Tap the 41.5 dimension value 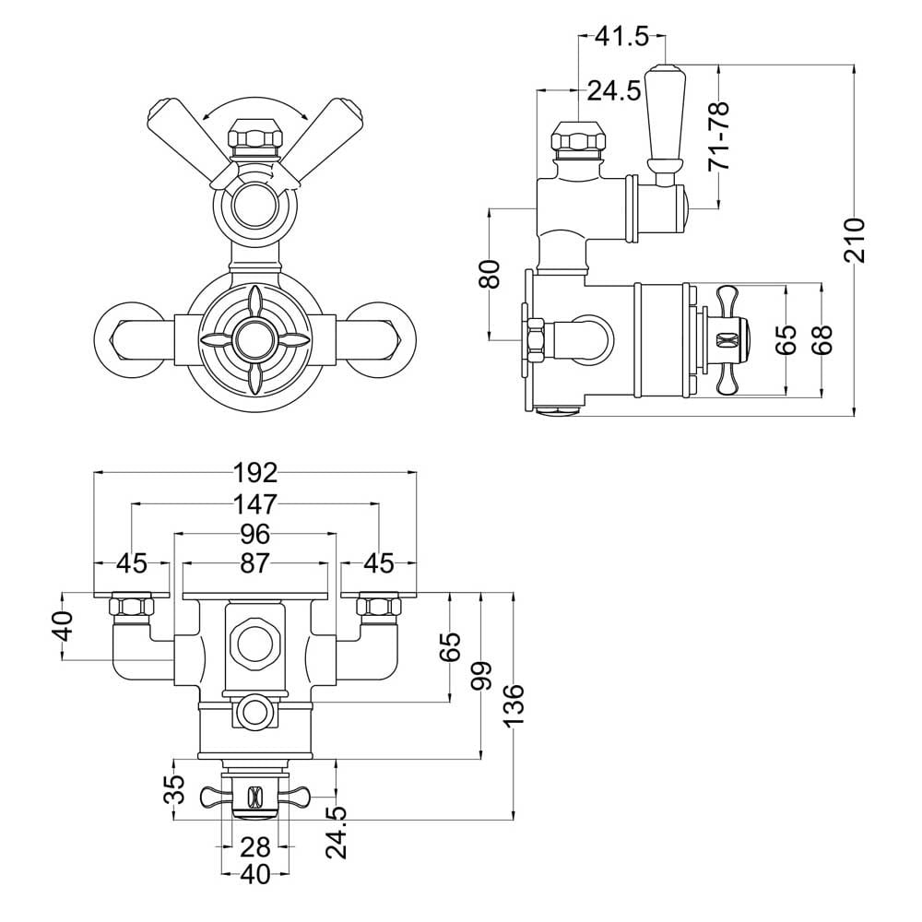(x=622, y=37)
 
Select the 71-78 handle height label (x=718, y=136)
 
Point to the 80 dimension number (x=490, y=274)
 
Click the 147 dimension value (x=255, y=503)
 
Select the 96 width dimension (x=255, y=535)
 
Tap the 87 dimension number (x=255, y=563)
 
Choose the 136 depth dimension (x=514, y=704)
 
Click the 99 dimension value (x=481, y=676)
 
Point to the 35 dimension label (x=174, y=789)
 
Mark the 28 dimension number (x=255, y=847)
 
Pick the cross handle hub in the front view (x=255, y=339)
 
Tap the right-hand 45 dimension (x=378, y=563)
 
